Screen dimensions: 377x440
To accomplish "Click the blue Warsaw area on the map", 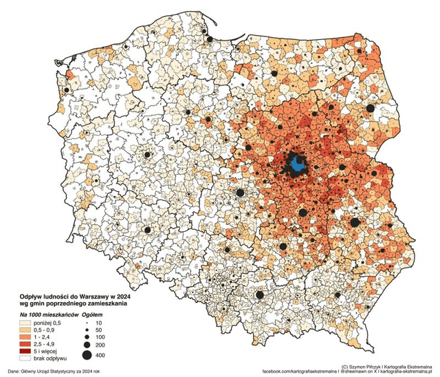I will [297, 164].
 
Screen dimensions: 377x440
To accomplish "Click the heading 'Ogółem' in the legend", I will [93, 313].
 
